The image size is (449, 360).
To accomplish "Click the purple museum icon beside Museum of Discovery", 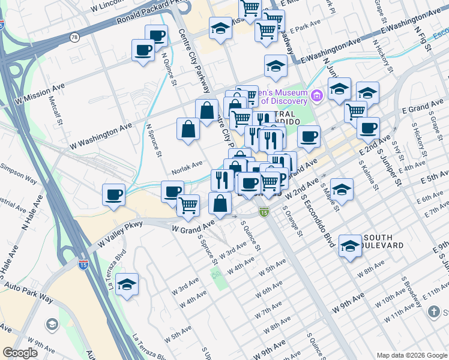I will tap(316, 95).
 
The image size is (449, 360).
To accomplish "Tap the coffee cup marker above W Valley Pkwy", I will tap(113, 194).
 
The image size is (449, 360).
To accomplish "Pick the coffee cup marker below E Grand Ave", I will tap(367, 128).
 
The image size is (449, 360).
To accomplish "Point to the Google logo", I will tap(20, 353).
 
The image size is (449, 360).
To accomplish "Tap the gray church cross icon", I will tap(434, 312).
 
